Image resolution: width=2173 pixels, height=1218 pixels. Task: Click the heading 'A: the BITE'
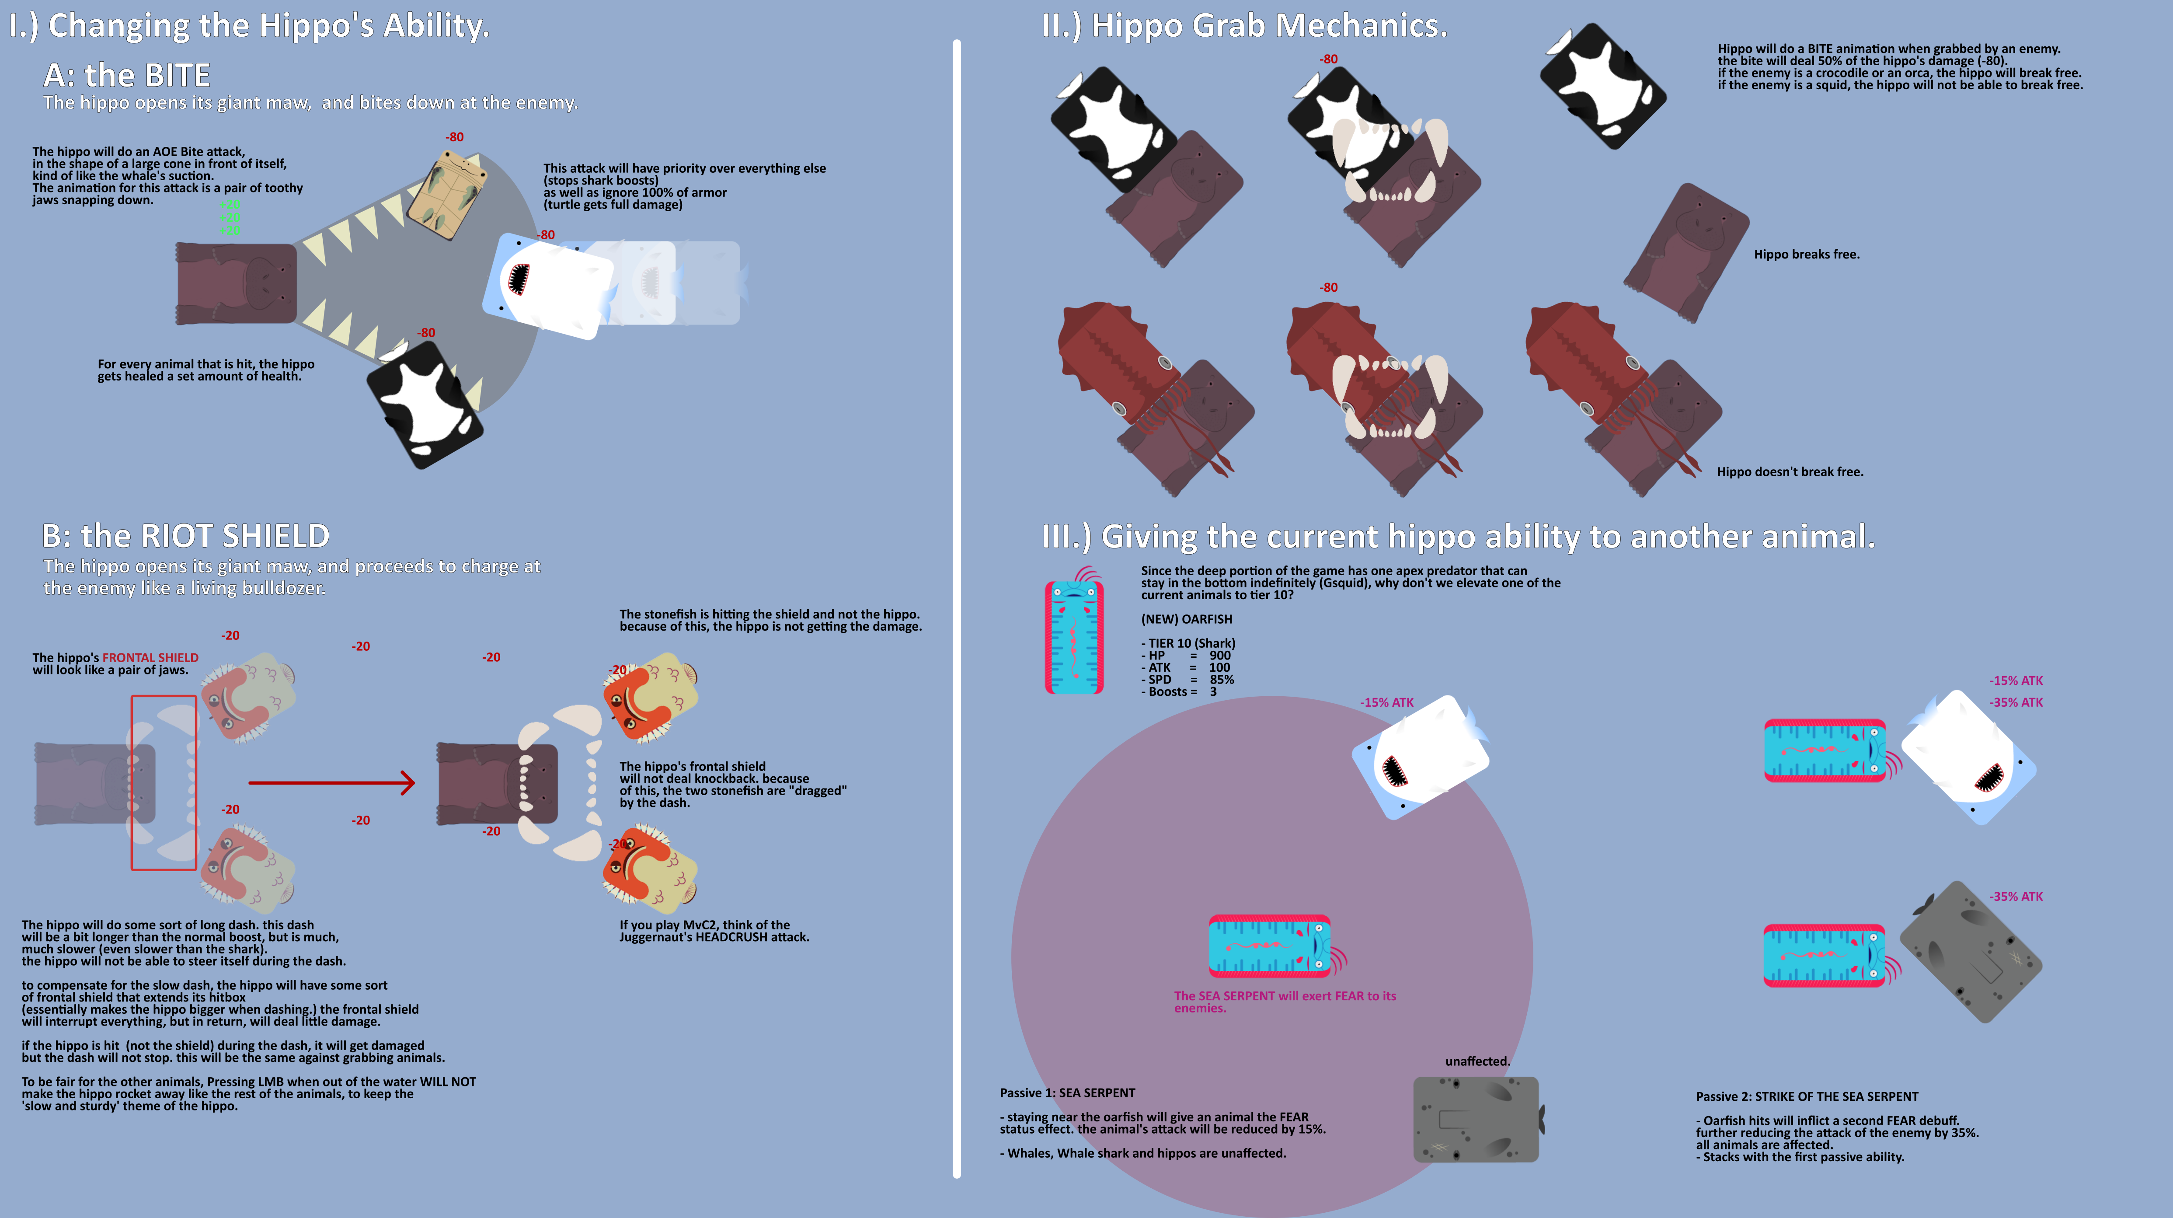126,76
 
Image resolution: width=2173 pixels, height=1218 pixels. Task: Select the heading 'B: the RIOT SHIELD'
185,536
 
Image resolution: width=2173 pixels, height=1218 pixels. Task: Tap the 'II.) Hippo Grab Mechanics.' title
1244,25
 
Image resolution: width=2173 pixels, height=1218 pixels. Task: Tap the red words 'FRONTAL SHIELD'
150,657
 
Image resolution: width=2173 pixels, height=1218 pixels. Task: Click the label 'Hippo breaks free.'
1806,254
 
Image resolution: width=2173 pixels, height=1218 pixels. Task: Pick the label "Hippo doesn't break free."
1790,472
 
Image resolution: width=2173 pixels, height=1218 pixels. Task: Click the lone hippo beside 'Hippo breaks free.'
1685,253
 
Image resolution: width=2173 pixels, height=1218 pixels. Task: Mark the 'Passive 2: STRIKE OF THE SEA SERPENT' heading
1807,1096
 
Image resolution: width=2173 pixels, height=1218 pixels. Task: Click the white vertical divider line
957,608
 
